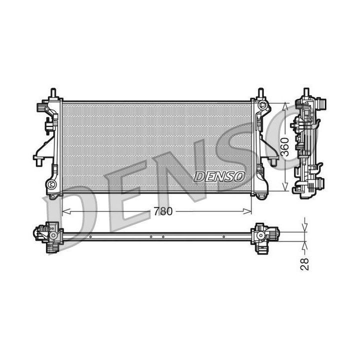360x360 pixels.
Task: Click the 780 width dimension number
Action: point(163,211)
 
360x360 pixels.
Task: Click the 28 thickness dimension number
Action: point(304,264)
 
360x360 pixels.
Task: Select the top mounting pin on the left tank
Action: point(52,93)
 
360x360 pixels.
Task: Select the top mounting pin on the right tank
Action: point(260,93)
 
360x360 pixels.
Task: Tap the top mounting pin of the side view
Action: point(306,92)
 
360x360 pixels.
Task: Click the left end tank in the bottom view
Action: point(48,233)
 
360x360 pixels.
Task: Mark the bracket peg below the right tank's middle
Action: point(273,161)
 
